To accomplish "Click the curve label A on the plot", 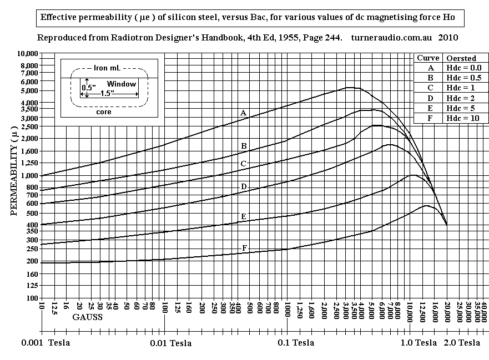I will [243, 113].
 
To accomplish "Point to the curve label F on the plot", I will [245, 247].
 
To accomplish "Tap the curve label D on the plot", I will [244, 187].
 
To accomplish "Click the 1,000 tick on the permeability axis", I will [29, 175].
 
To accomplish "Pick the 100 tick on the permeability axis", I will [33, 298].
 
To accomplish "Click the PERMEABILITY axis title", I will [14, 171].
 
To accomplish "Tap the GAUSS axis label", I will [87, 318].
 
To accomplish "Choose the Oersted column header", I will [461, 58].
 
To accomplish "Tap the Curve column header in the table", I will [428, 58].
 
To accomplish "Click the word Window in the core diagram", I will [122, 84].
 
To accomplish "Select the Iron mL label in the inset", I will [108, 68].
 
